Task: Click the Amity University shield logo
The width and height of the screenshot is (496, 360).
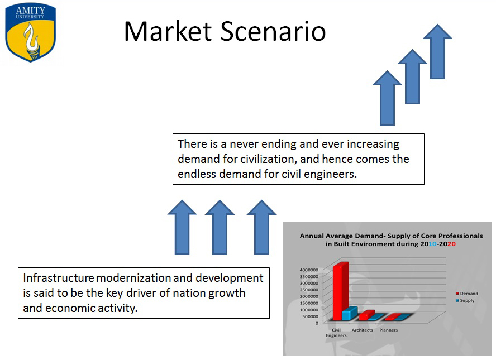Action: pyautogui.click(x=30, y=32)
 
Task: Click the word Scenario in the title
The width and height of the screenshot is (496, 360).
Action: pyautogui.click(x=273, y=31)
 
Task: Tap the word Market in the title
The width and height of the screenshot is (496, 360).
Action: pyautogui.click(x=168, y=31)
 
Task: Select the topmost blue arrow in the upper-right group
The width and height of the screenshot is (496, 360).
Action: pyautogui.click(x=437, y=51)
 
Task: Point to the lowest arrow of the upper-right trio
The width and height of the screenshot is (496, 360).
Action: pyautogui.click(x=387, y=98)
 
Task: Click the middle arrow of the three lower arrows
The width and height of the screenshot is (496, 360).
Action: pyautogui.click(x=220, y=227)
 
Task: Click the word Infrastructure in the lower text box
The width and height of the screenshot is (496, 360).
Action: pyautogui.click(x=59, y=278)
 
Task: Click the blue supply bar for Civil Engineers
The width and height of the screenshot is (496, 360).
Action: pyautogui.click(x=349, y=313)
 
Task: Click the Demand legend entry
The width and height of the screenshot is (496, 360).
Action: pyautogui.click(x=466, y=294)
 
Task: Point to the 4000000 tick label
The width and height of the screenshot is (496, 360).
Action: pyautogui.click(x=309, y=270)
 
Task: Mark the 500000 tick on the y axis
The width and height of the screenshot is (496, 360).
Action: pyautogui.click(x=310, y=316)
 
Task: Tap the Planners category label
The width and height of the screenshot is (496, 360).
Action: pyautogui.click(x=388, y=330)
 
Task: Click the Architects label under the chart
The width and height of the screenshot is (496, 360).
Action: pyautogui.click(x=362, y=330)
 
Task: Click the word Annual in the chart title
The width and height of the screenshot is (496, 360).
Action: pyautogui.click(x=312, y=236)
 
